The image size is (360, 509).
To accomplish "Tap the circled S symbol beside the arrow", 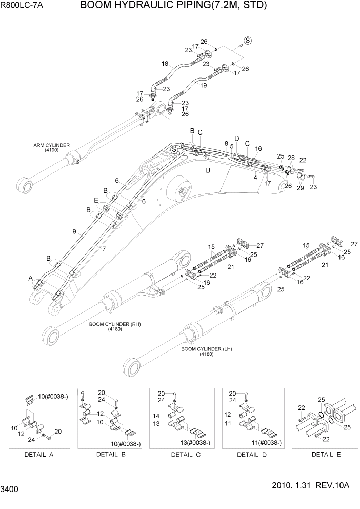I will [x=248, y=41].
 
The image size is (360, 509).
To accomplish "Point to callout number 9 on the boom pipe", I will [x=74, y=232].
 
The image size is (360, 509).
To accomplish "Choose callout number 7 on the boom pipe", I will [x=104, y=248].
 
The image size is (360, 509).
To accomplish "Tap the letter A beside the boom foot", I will [x=31, y=278].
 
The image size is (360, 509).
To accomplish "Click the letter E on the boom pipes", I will [x=95, y=200].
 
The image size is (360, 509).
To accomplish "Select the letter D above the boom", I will [x=236, y=139].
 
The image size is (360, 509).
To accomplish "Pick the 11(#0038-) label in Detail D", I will [x=265, y=442].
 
